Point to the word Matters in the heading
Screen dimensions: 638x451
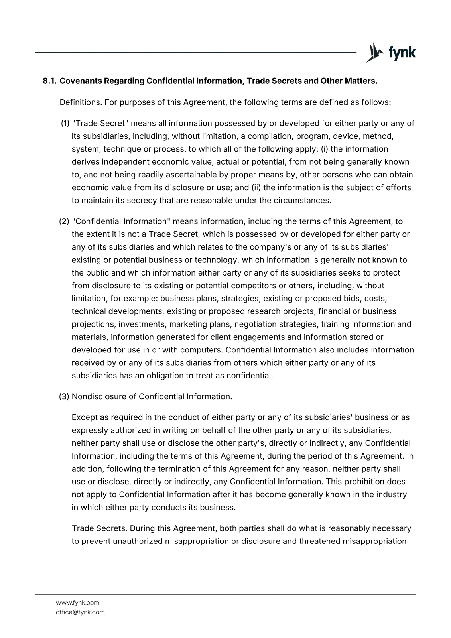(361, 81)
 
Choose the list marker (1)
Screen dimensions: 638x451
(65, 123)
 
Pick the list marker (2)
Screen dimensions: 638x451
(64, 221)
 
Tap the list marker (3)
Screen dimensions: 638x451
(64, 396)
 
